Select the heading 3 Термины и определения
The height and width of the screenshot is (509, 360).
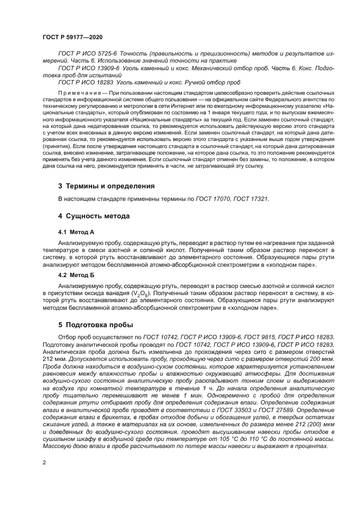[x=106, y=186]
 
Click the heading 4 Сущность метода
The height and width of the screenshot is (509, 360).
[x=94, y=216]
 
